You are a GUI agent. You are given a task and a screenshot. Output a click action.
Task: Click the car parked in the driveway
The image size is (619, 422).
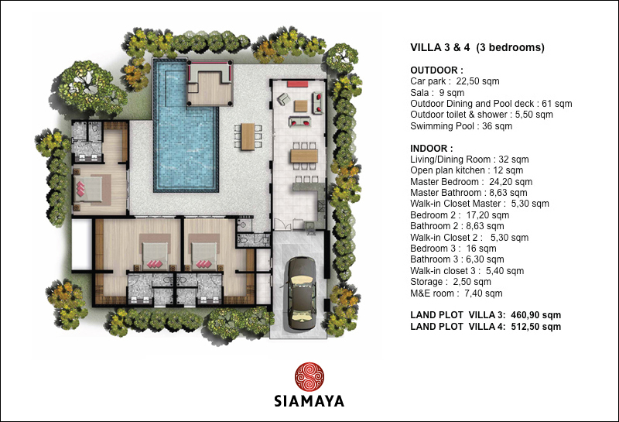tap(302, 293)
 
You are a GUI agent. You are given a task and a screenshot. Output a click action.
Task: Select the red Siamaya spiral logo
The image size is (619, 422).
tap(309, 377)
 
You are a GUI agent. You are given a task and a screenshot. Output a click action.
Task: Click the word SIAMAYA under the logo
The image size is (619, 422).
tap(309, 401)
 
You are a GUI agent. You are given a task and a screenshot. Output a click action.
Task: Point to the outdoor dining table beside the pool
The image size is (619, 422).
tap(248, 136)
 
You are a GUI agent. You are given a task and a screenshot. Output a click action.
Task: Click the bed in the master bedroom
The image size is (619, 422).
tap(89, 189)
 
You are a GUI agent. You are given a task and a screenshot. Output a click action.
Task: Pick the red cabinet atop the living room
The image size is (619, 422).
tap(298, 84)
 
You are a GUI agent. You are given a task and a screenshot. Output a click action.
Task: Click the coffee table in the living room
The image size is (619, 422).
tap(301, 106)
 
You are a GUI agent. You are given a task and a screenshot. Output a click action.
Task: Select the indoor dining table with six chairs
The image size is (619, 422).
tap(304, 156)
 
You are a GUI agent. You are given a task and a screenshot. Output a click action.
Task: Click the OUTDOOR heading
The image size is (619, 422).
tap(436, 70)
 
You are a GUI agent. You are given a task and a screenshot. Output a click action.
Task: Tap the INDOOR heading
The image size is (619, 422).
tap(432, 149)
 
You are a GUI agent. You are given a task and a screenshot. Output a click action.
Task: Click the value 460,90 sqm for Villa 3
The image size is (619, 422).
tap(535, 315)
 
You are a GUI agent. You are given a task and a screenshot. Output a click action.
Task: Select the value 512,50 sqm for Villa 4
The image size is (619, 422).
tap(535, 327)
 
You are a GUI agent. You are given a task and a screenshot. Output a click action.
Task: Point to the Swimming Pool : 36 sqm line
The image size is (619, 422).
tap(461, 126)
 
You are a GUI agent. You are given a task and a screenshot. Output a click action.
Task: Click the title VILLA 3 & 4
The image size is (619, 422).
tap(440, 47)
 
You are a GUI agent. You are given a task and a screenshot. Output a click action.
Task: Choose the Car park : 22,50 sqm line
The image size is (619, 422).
tap(455, 81)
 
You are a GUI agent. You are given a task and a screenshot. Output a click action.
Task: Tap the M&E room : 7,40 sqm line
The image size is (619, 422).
tap(457, 293)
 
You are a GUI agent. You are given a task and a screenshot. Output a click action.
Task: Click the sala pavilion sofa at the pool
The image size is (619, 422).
tap(209, 71)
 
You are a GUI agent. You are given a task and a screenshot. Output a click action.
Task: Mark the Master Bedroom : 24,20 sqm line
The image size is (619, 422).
tap(471, 182)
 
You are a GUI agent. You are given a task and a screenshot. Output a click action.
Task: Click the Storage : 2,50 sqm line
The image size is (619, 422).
tap(451, 282)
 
